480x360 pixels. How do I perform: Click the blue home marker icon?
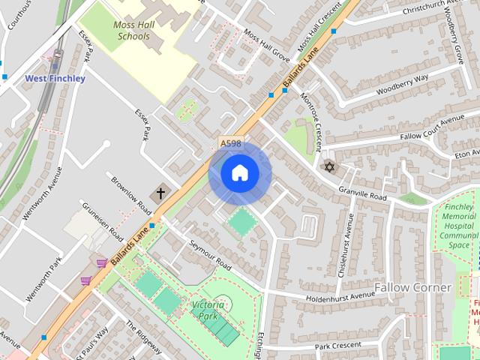(239, 172)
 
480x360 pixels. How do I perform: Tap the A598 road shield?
(229, 142)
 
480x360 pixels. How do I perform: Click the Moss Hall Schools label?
(132, 30)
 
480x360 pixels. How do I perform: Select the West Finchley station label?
(55, 78)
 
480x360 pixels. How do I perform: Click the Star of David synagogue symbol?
(328, 166)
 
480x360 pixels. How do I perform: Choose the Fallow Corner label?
(412, 287)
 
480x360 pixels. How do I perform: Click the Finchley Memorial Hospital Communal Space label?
(458, 225)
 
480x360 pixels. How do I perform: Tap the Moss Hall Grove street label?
(266, 45)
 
